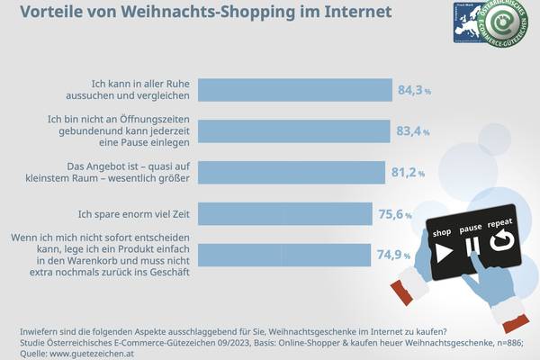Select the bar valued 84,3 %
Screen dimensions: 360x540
(x=295, y=90)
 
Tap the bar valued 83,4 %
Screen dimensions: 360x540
(x=293, y=131)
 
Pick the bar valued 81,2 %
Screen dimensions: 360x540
(x=291, y=173)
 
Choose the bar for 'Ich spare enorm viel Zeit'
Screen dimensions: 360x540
(x=284, y=214)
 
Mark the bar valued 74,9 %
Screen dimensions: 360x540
(x=283, y=255)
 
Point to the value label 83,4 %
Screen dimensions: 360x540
(x=411, y=131)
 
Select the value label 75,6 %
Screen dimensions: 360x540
(x=395, y=214)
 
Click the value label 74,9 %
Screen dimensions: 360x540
(x=394, y=255)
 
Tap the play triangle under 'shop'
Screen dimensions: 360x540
(x=443, y=253)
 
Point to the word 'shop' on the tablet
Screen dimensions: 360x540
(x=441, y=232)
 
